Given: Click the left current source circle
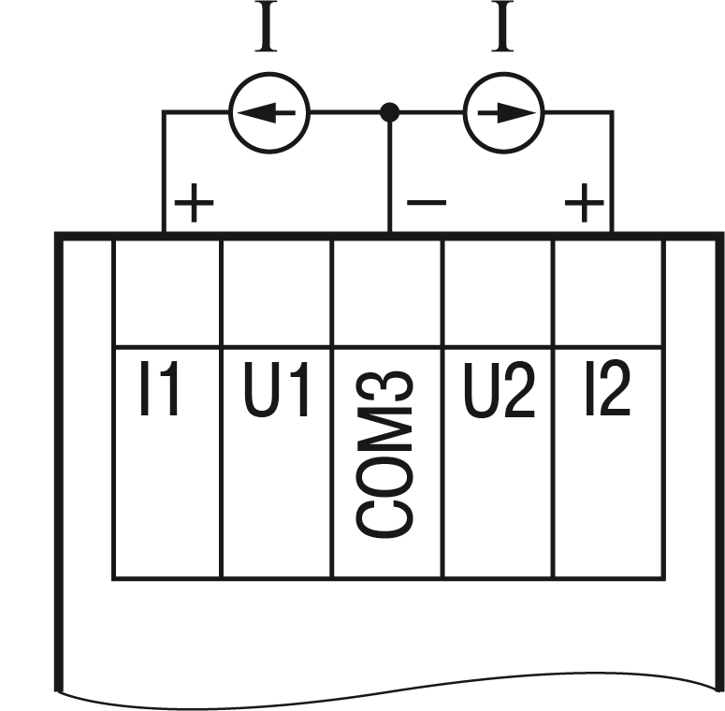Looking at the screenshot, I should (269, 113).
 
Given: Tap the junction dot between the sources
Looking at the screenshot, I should (390, 113).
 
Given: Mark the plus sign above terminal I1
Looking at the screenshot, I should (194, 204).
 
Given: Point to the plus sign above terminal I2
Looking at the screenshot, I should (584, 203).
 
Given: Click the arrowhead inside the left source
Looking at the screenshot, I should (251, 113).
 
